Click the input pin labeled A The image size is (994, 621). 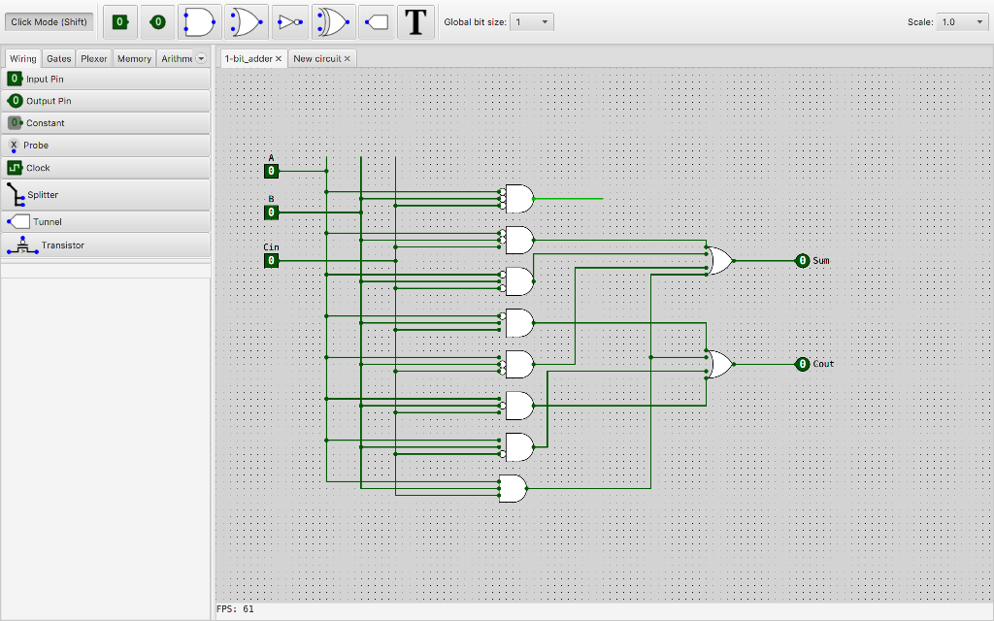pyautogui.click(x=272, y=171)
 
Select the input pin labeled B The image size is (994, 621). pyautogui.click(x=272, y=212)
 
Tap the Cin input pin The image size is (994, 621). pyautogui.click(x=272, y=260)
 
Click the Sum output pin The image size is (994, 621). pyautogui.click(x=802, y=260)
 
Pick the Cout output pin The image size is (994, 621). pyautogui.click(x=802, y=364)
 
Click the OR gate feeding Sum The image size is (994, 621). pyautogui.click(x=719, y=260)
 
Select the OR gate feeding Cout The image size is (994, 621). pyautogui.click(x=719, y=364)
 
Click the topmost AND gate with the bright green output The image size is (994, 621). pyautogui.click(x=518, y=198)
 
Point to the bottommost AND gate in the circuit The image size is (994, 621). pyautogui.click(x=513, y=488)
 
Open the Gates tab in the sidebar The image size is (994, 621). pyautogui.click(x=59, y=58)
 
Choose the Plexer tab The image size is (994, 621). pyautogui.click(x=94, y=58)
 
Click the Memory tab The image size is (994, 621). pyautogui.click(x=134, y=58)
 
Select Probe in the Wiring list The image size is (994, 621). pyautogui.click(x=36, y=146)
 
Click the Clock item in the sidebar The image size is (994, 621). pyautogui.click(x=38, y=168)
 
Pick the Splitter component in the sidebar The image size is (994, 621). pyautogui.click(x=43, y=194)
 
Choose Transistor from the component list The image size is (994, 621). pyautogui.click(x=62, y=245)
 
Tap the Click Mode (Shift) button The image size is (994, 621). pyautogui.click(x=49, y=21)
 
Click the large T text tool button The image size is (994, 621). pyautogui.click(x=416, y=21)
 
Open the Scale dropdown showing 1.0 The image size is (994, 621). pyautogui.click(x=961, y=21)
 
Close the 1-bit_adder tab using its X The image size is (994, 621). pyautogui.click(x=279, y=58)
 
